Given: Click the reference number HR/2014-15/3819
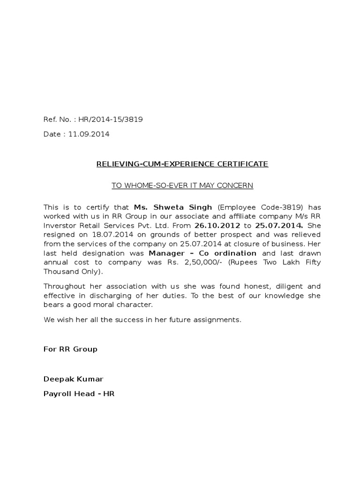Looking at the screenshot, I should [x=111, y=120].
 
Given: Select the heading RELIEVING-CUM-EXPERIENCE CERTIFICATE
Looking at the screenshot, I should [x=182, y=164].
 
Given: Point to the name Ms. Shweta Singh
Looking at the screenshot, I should [x=173, y=207].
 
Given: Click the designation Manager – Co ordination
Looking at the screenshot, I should [x=202, y=253].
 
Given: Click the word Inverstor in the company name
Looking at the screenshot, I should [x=60, y=225].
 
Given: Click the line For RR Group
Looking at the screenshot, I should [x=70, y=349].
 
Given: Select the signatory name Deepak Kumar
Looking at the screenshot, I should [x=73, y=379].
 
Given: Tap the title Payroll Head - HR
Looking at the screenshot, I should [x=79, y=394].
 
